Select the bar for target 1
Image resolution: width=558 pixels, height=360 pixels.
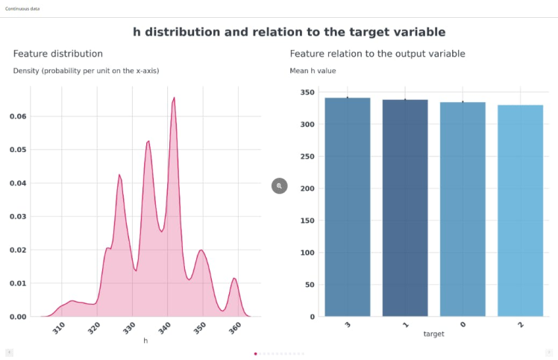(x=405, y=208)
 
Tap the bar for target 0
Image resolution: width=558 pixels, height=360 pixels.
(x=463, y=209)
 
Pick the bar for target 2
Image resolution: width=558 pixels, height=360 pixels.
(x=520, y=211)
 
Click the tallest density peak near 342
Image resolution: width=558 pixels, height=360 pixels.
(x=174, y=98)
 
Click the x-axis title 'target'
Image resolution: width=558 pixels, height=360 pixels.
(x=433, y=335)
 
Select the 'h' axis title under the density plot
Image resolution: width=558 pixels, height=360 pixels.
(x=145, y=340)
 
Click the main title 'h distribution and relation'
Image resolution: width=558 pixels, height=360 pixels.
(x=289, y=32)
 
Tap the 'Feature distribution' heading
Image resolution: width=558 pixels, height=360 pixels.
(x=58, y=54)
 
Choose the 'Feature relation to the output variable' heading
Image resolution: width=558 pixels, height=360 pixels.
(x=377, y=54)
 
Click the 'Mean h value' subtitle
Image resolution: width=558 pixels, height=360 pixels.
(x=313, y=71)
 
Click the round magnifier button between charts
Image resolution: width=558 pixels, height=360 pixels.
(x=279, y=186)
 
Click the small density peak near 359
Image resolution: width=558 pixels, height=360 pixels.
(x=234, y=280)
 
